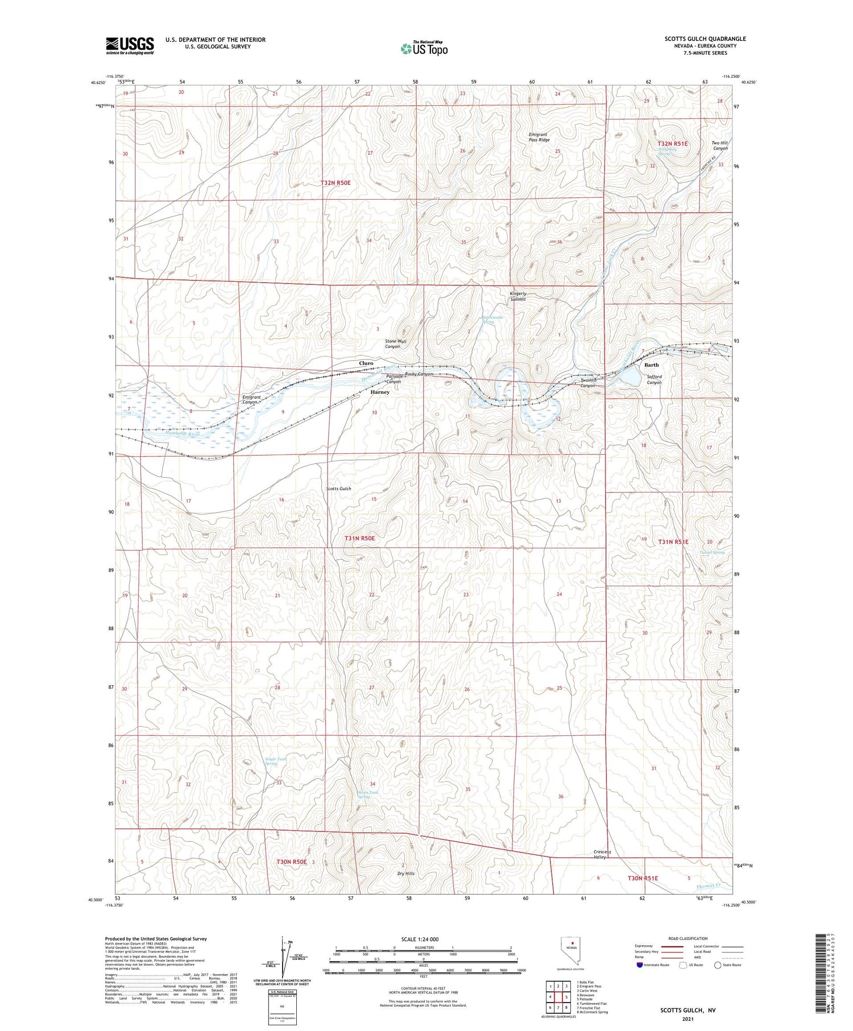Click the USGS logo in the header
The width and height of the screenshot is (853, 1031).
tap(130, 45)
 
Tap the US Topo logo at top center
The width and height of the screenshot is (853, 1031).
tap(424, 48)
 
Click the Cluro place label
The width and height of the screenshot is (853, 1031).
tap(366, 363)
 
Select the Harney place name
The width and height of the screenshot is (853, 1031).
tap(380, 392)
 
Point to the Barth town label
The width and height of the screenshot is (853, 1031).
tap(651, 365)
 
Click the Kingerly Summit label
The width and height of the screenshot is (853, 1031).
tap(517, 296)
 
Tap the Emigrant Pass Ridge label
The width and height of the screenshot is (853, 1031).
tap(539, 137)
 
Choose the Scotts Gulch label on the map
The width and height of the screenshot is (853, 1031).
tap(338, 488)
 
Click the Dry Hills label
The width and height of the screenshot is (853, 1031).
tap(406, 873)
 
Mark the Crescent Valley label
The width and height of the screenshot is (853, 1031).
tap(602, 854)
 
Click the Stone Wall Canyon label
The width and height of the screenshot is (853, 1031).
tap(396, 343)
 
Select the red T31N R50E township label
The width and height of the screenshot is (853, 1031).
tap(359, 537)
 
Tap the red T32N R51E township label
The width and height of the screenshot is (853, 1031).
tap(673, 144)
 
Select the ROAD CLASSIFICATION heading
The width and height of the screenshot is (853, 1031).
tap(688, 938)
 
